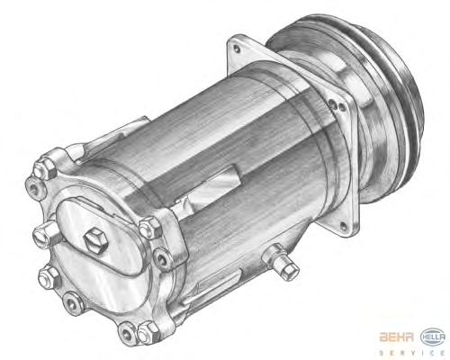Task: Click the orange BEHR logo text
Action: tap(397, 337)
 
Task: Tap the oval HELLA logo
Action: tap(433, 337)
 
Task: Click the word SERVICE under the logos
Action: tap(412, 353)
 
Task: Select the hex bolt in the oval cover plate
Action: tap(95, 240)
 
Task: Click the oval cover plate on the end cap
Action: tap(99, 237)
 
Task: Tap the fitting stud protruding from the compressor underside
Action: tap(281, 262)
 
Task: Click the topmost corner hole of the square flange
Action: tap(237, 48)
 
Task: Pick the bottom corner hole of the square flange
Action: tap(343, 226)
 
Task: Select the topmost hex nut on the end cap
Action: tap(44, 168)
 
